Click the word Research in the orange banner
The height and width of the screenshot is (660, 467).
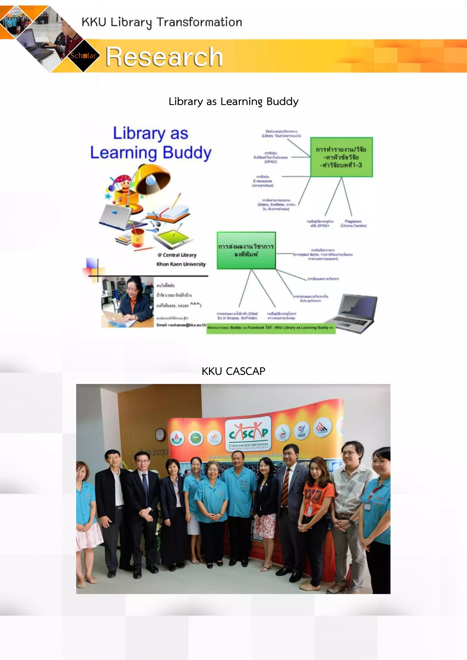[x=164, y=57]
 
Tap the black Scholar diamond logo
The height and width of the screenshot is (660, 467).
[x=83, y=55]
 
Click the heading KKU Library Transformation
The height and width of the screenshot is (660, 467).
[x=162, y=22]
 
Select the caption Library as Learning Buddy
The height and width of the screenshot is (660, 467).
[x=233, y=101]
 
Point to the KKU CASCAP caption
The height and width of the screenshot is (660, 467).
[x=233, y=371]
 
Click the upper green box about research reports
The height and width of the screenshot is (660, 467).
[x=341, y=157]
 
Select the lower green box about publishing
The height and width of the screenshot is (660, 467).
[x=246, y=250]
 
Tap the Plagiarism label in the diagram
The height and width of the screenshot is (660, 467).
[x=353, y=223]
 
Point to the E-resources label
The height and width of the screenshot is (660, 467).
[x=262, y=181]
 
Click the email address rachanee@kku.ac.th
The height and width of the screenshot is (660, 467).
[x=181, y=325]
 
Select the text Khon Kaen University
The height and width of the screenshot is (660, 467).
[x=181, y=264]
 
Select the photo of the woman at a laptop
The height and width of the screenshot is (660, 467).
[x=127, y=302]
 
